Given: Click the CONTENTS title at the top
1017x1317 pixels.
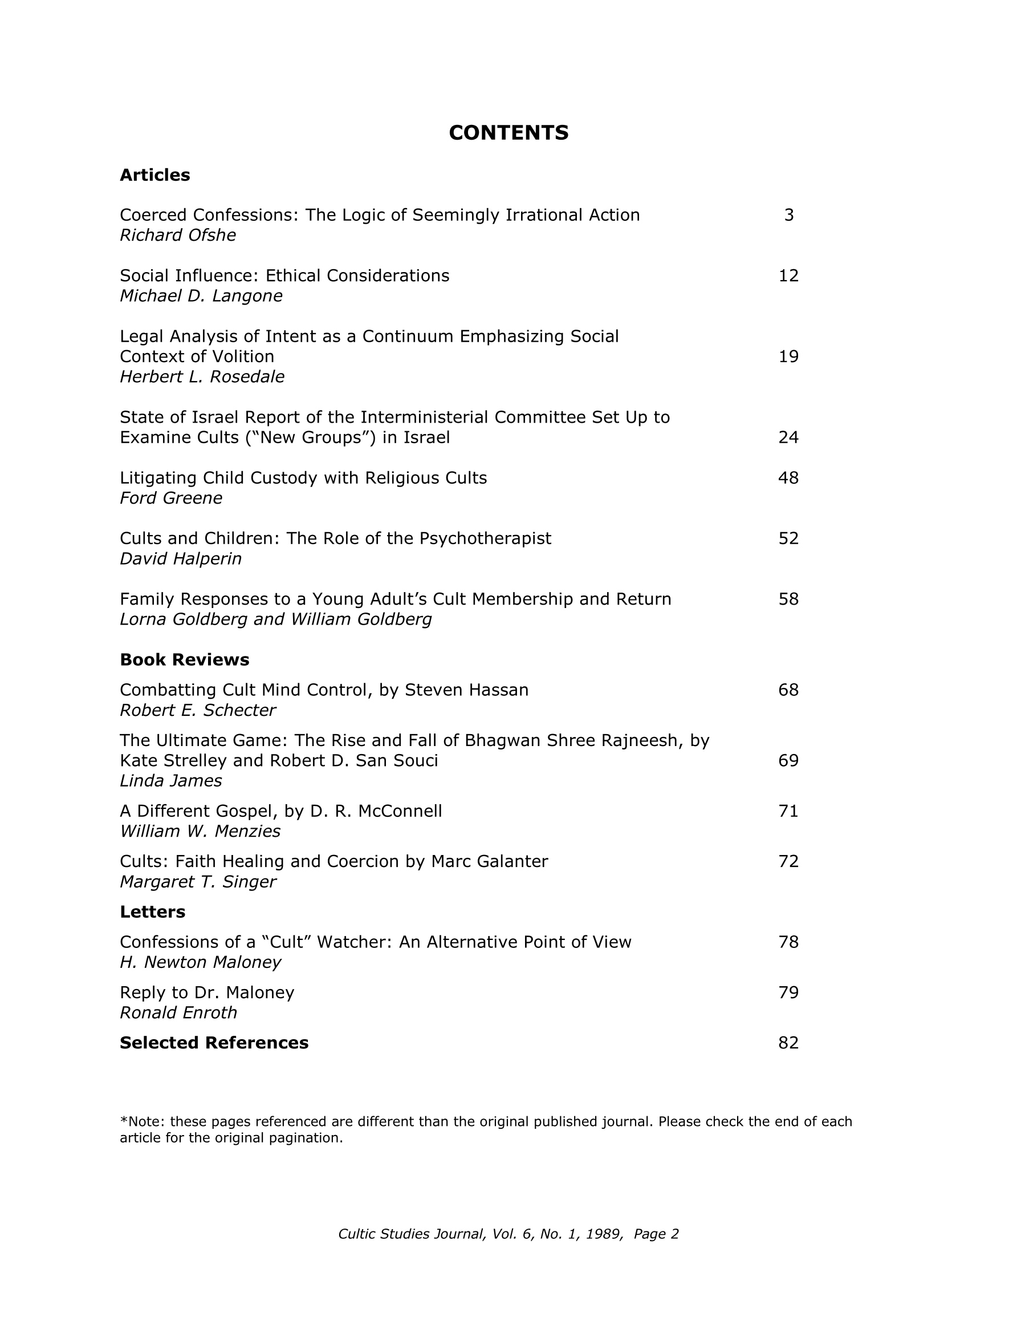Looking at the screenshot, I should tap(508, 133).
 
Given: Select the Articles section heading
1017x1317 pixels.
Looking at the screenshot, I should tap(155, 175).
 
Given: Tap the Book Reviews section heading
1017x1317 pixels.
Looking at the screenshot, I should tap(185, 660).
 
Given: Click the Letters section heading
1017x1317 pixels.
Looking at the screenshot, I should tap(153, 912).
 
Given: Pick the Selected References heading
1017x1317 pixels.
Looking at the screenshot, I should tap(214, 1043).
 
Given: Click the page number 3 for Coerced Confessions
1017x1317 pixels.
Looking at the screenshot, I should tap(788, 215).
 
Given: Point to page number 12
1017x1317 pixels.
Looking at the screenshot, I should tap(788, 275).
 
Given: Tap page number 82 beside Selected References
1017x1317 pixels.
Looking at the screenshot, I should tap(788, 1043).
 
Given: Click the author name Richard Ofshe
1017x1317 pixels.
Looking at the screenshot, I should tap(178, 235).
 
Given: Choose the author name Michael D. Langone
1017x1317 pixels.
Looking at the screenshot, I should tap(201, 296).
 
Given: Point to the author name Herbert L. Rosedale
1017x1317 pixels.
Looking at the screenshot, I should tap(202, 377).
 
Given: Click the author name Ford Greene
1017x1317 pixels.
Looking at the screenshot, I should tap(171, 498).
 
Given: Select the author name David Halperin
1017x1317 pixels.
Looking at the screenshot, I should tap(181, 559).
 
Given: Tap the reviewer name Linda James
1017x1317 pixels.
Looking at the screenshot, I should tap(170, 781).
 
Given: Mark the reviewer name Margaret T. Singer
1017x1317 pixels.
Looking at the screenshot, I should tap(198, 882).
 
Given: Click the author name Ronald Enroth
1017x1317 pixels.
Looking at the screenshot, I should tap(178, 1012).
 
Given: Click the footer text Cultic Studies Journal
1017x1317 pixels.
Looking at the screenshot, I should tap(412, 1234).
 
